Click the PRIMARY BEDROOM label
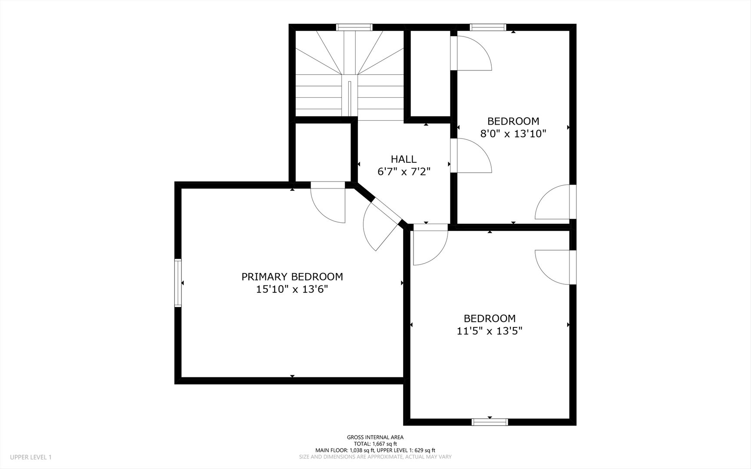pos(292,277)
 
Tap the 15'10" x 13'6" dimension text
pos(292,289)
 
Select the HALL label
pos(404,159)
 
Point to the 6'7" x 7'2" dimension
pos(404,172)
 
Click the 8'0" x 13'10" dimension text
pos(513,134)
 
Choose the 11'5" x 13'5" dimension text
pos(490,331)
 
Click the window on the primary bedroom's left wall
pos(178,283)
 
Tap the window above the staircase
pos(355,27)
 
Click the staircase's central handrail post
pos(349,98)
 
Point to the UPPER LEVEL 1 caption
pos(31,457)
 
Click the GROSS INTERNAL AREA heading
pos(375,437)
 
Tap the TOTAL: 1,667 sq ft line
pos(375,444)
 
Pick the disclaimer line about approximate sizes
pos(375,457)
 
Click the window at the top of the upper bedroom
pos(489,27)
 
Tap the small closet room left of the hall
pos(323,152)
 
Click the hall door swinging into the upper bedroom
pos(471,155)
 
